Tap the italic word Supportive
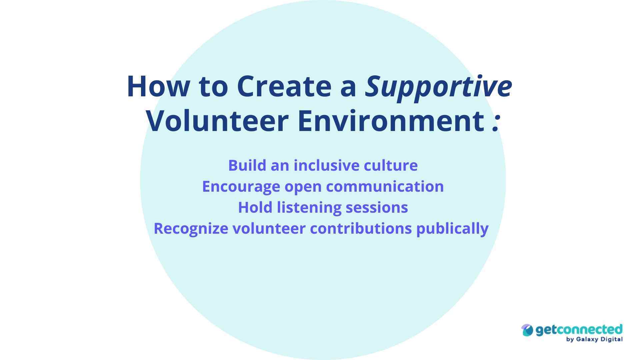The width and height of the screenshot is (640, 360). pos(438,86)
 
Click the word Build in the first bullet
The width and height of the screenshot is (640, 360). pos(247,165)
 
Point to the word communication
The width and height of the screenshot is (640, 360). pos(385,186)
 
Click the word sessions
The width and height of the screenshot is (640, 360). pos(377,207)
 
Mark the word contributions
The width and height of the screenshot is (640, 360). pos(361,229)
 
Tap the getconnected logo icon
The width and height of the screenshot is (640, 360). pos(527,330)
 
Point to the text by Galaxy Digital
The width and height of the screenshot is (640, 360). pos(594,339)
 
